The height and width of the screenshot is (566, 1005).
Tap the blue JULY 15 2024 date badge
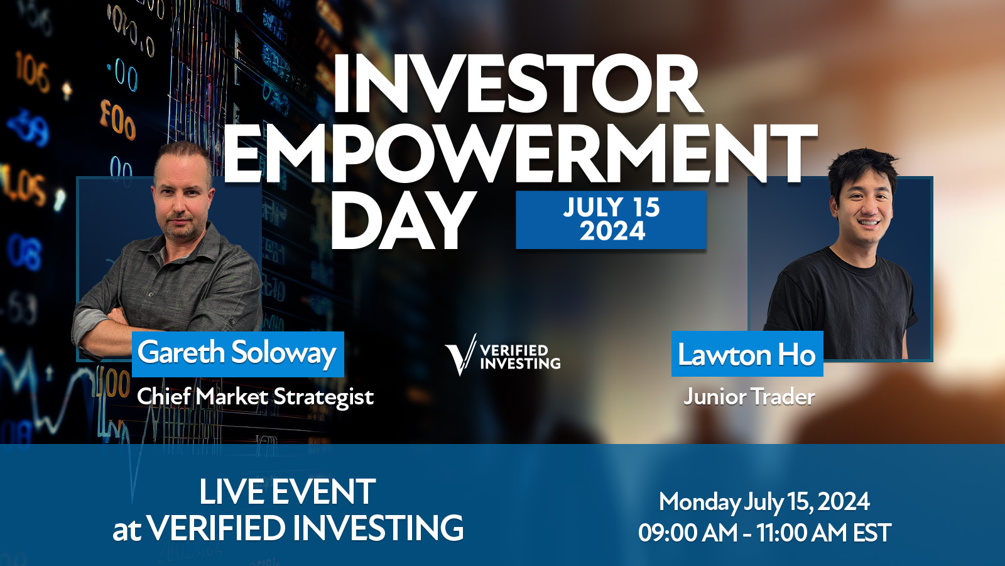click(x=611, y=219)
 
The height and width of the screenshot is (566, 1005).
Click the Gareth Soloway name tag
click(x=238, y=354)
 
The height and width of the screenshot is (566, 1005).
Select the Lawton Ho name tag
click(x=747, y=354)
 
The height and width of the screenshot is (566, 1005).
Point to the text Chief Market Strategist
click(x=255, y=397)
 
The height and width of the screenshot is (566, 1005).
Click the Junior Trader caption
click(x=749, y=397)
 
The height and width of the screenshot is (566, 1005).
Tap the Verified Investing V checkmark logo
click(x=460, y=355)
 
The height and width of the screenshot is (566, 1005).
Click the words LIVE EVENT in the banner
click(x=287, y=492)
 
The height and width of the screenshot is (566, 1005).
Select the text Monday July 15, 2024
click(x=764, y=502)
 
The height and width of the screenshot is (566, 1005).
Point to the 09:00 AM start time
click(x=688, y=533)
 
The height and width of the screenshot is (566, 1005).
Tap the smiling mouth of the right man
click(x=869, y=223)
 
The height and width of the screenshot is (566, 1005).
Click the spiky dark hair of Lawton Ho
click(x=861, y=169)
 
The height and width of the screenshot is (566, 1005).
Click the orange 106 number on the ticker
click(x=33, y=71)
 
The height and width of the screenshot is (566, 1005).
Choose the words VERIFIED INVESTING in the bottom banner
click(x=306, y=528)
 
